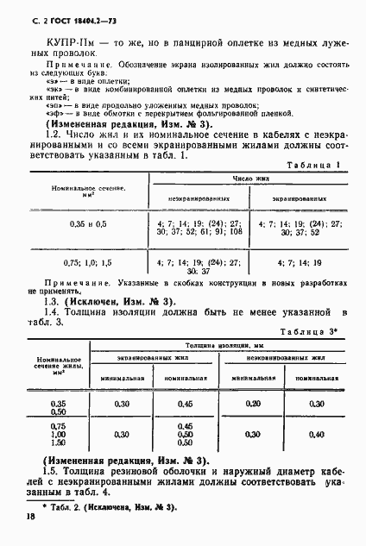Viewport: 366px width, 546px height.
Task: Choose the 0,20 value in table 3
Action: (252, 403)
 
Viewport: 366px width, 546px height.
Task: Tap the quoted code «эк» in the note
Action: (42, 87)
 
